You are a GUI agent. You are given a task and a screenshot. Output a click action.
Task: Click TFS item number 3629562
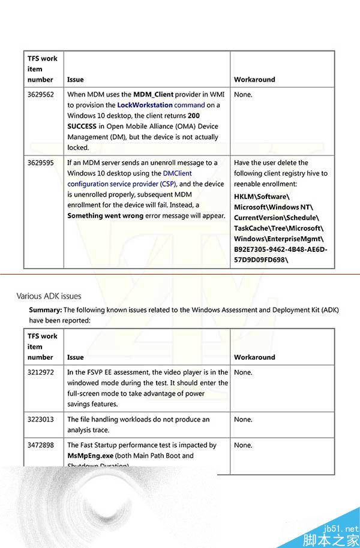coord(40,94)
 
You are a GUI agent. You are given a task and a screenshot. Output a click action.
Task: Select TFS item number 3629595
coord(40,162)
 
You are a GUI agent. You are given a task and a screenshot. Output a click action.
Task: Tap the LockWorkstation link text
coord(145,105)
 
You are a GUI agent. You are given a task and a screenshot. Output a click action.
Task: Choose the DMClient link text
coord(176,173)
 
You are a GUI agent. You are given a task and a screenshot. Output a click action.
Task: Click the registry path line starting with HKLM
coord(262,196)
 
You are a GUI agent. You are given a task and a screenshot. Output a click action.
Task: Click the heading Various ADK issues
coord(49,296)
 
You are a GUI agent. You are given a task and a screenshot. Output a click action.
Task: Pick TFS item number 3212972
coord(40,372)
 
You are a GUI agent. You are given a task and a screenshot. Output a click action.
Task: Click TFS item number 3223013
coord(40,419)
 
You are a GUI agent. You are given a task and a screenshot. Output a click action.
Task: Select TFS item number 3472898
coord(40,445)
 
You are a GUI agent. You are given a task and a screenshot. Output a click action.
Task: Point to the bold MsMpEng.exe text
coord(91,456)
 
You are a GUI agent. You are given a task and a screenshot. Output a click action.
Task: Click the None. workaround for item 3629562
coord(243,94)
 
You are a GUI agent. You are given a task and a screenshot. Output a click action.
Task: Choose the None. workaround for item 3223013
coord(243,419)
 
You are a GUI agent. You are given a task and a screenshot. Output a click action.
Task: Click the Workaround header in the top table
coord(254,79)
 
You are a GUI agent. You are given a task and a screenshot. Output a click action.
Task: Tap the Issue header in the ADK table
coord(76,357)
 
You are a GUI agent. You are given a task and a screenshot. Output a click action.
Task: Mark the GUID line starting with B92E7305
coord(280,250)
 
